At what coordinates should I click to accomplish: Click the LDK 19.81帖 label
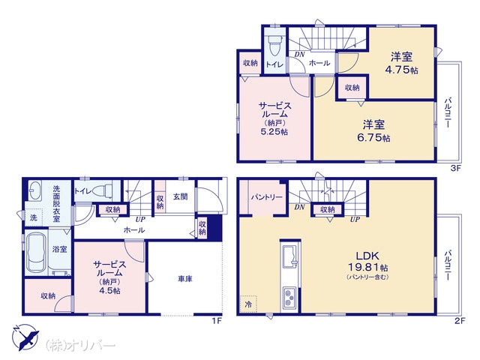pyautogui.click(x=368, y=262)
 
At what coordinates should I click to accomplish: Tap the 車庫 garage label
pyautogui.click(x=185, y=279)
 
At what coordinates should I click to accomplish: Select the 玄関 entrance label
pyautogui.click(x=181, y=196)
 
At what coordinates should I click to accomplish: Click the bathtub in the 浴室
pyautogui.click(x=37, y=252)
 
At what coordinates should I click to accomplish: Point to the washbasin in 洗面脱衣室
pyautogui.click(x=35, y=190)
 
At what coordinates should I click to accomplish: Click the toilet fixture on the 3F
pyautogui.click(x=273, y=45)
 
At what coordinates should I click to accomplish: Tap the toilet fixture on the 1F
pyautogui.click(x=103, y=191)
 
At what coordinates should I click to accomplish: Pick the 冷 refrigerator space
pyautogui.click(x=248, y=304)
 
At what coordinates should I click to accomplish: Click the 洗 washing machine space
pyautogui.click(x=33, y=217)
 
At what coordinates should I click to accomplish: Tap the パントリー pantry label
pyautogui.click(x=267, y=197)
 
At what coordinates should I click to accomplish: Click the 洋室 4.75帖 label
pyautogui.click(x=401, y=63)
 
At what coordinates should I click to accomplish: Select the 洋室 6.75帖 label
pyautogui.click(x=373, y=131)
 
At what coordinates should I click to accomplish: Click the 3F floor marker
pyautogui.click(x=456, y=168)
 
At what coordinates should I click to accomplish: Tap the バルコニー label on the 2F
pyautogui.click(x=448, y=265)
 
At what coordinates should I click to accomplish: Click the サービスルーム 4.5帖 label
pyautogui.click(x=109, y=277)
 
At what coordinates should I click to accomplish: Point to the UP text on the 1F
pyautogui.click(x=140, y=219)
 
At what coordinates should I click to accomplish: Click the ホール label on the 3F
pyautogui.click(x=319, y=63)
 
